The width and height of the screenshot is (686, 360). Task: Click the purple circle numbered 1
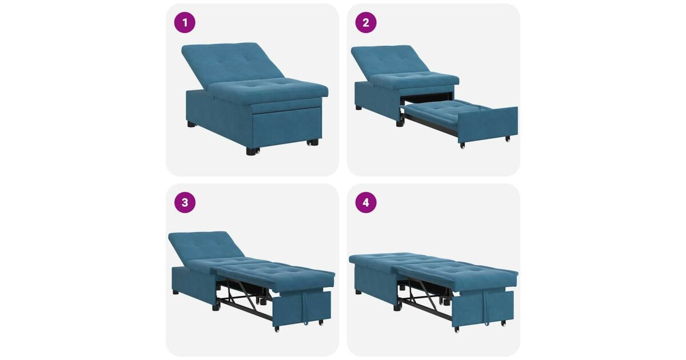point(185,22)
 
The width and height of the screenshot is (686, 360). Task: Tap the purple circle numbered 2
point(366,22)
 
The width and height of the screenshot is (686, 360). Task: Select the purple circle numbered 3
point(185,202)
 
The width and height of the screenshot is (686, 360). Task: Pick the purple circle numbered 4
point(366,202)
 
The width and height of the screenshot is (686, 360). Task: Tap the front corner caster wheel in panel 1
point(252,151)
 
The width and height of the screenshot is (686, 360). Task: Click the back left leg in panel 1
point(192,124)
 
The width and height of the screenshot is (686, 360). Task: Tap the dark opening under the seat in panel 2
point(426,98)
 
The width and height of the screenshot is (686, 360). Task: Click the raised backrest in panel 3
point(205,246)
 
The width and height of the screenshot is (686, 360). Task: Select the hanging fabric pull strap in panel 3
point(306,307)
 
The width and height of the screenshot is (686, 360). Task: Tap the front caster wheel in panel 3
point(277,329)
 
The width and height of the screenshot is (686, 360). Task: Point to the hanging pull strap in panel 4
point(486,308)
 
